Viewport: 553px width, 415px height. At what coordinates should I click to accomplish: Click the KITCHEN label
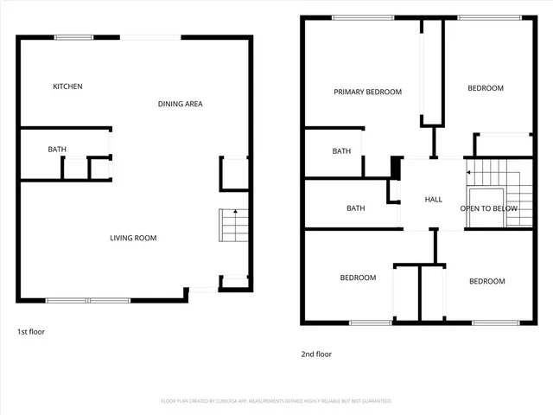click(x=67, y=86)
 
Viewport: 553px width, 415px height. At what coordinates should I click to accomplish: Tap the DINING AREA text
click(x=180, y=104)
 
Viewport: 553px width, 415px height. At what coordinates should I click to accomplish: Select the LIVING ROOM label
click(x=133, y=238)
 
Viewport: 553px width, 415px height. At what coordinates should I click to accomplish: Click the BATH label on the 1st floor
click(x=57, y=150)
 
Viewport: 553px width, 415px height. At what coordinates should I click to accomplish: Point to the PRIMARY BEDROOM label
click(x=367, y=92)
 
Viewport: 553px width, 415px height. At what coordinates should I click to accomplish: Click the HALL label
click(x=434, y=200)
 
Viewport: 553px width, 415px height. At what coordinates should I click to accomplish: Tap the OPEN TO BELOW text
click(x=488, y=208)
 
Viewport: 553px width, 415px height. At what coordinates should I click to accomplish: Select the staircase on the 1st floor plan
click(x=232, y=227)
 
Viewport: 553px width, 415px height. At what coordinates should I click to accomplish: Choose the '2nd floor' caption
click(x=315, y=354)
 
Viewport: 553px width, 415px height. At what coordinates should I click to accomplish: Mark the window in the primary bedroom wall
click(x=357, y=17)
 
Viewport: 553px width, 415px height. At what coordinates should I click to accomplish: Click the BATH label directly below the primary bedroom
click(x=341, y=151)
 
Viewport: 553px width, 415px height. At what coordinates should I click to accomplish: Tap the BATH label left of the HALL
click(x=355, y=208)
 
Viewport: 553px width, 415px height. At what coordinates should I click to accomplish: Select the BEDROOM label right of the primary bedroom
click(x=485, y=88)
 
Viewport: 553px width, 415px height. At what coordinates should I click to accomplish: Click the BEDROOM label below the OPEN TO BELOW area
click(x=486, y=281)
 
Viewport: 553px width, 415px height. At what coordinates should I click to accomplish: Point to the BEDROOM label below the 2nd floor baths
click(x=358, y=278)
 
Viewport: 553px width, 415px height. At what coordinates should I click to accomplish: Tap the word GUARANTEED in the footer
click(x=373, y=401)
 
